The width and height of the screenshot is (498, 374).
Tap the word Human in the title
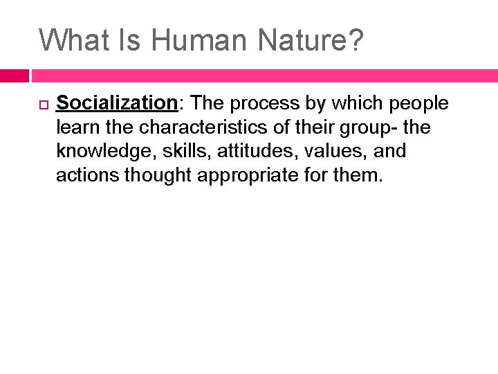click(199, 39)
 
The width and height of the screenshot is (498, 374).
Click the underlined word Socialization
click(117, 103)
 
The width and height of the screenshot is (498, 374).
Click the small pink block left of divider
click(14, 75)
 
